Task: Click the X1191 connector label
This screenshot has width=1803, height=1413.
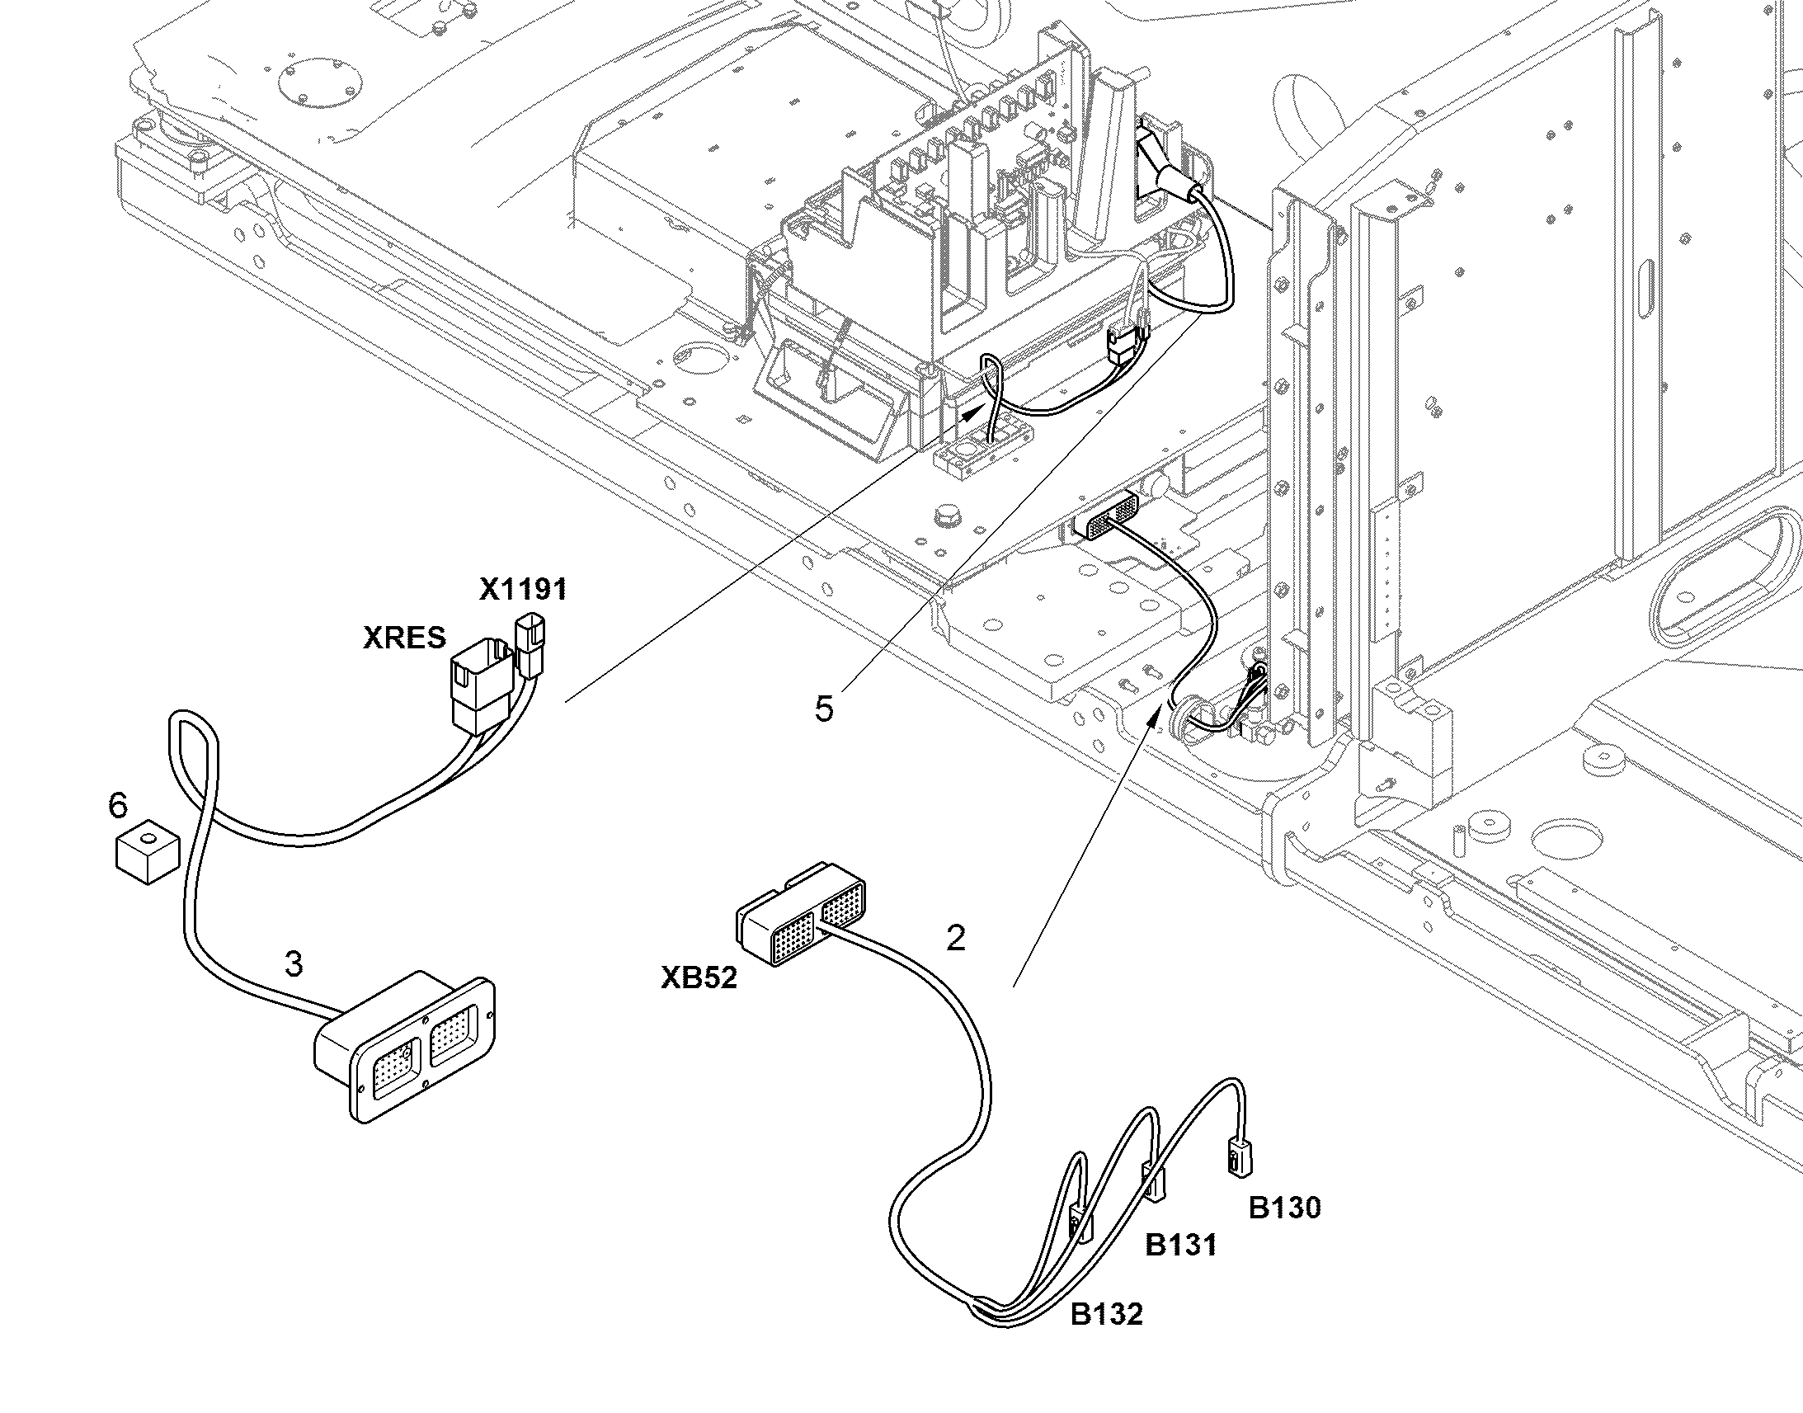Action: (523, 589)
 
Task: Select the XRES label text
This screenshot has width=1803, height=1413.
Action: (404, 637)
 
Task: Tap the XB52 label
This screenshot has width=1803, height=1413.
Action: (699, 977)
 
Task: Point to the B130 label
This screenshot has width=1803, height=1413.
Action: (1284, 1208)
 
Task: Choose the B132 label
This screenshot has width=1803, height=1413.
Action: (1107, 1314)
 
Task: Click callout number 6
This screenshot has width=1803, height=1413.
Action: (118, 805)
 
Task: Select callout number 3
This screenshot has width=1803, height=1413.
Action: (294, 964)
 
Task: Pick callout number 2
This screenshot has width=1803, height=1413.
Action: (955, 938)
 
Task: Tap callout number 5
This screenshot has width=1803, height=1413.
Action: (824, 709)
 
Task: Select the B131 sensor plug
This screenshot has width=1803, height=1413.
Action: (1155, 1183)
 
